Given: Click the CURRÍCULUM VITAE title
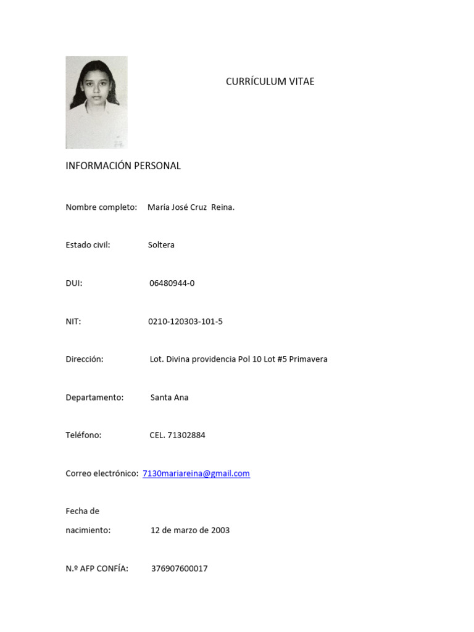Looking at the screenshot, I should [x=270, y=81].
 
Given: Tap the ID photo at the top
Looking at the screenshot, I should [x=96, y=102].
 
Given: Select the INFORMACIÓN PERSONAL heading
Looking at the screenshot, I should [x=123, y=166].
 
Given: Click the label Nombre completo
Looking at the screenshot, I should [x=101, y=207].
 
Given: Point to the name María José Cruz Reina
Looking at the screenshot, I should [x=191, y=207].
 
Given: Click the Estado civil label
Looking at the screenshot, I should [x=88, y=245].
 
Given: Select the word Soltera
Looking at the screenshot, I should [x=161, y=245].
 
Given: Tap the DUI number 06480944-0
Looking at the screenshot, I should [x=172, y=283].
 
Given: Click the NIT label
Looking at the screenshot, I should [x=73, y=322].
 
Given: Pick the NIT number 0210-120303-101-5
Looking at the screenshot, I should [x=185, y=322].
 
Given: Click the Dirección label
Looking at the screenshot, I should [x=84, y=359].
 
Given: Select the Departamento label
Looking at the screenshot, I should [x=94, y=397].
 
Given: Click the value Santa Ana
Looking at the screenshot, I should [x=169, y=397].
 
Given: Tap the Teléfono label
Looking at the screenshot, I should [x=83, y=435].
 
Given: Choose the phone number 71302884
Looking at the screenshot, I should [x=186, y=435].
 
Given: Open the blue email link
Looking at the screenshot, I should [x=196, y=473].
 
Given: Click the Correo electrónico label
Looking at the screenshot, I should [x=101, y=473].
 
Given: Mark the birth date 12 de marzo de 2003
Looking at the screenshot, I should [x=190, y=530].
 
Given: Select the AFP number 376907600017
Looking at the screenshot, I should [x=179, y=568].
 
